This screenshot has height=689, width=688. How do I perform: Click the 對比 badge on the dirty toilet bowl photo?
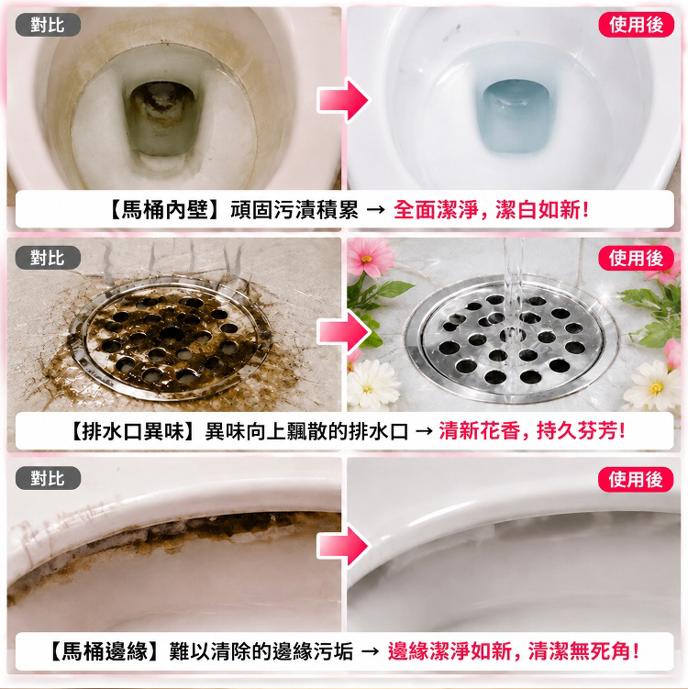coord(48,25)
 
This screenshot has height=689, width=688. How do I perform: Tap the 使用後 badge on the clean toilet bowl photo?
coord(636,25)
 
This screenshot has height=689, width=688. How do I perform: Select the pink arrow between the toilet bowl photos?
coord(344,100)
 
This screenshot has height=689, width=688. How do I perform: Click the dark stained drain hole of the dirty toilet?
coord(162,118)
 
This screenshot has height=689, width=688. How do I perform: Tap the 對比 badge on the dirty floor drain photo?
coord(48,258)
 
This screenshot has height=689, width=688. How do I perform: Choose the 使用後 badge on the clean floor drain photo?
coord(636,259)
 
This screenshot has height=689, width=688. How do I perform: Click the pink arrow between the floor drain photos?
coord(344,332)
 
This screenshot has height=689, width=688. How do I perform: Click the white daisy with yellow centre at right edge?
coord(653,385)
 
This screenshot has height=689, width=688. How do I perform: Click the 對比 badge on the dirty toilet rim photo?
coord(48,478)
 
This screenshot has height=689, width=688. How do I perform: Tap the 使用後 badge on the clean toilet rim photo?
coord(636,480)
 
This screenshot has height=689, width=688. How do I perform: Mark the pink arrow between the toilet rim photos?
coord(344,547)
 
